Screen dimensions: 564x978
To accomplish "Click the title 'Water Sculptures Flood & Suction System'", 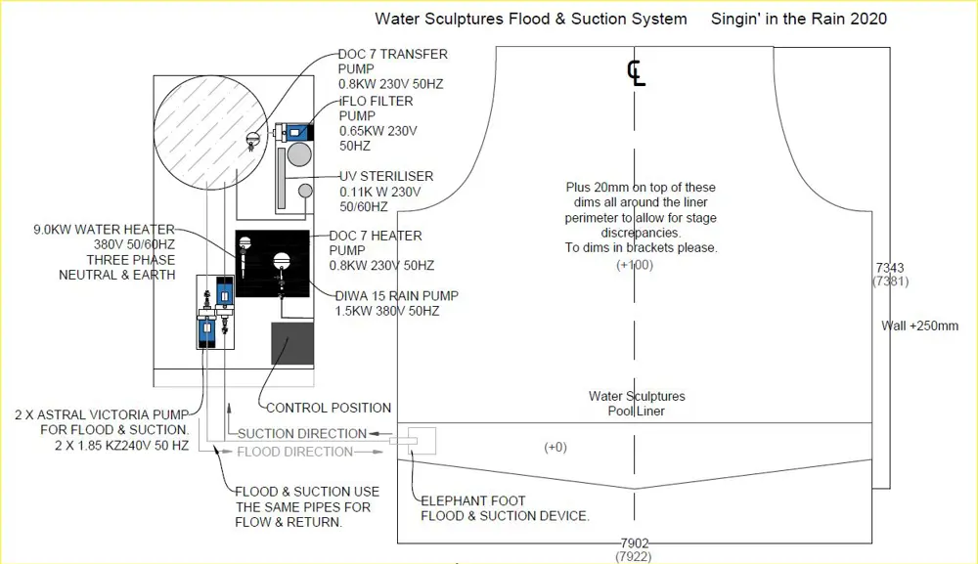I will (x=531, y=19).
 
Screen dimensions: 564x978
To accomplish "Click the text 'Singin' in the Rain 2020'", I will (x=799, y=19).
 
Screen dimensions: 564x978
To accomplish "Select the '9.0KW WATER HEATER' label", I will (x=104, y=231).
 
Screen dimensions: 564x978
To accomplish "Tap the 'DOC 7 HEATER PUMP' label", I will (x=376, y=236).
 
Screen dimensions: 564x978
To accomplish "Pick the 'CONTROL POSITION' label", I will (x=329, y=408).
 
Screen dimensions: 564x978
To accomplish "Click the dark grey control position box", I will (x=292, y=344).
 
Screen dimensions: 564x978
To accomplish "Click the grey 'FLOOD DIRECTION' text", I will (x=294, y=452).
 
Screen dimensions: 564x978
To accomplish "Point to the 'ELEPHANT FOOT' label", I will (x=473, y=500).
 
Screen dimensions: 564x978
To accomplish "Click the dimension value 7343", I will (x=890, y=267).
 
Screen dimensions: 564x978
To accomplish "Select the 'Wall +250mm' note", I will (x=920, y=325).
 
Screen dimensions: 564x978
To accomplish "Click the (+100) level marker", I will (x=634, y=265).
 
